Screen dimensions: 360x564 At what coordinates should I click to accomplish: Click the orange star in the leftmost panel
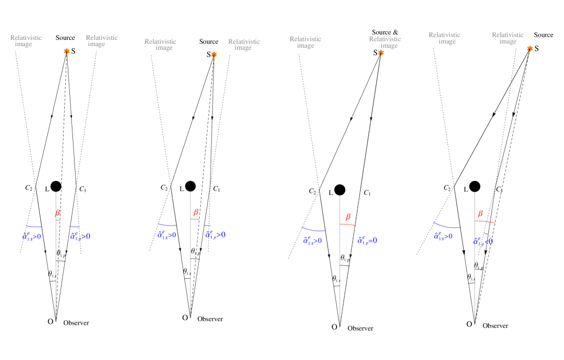(x=67, y=51)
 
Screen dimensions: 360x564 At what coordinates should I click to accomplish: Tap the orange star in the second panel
(x=214, y=54)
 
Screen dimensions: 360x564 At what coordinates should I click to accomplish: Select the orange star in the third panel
(x=381, y=53)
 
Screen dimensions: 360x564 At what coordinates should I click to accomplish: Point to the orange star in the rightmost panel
(x=530, y=49)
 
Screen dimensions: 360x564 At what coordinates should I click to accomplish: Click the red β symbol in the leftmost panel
(x=57, y=213)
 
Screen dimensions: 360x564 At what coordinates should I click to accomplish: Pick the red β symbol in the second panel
(x=196, y=212)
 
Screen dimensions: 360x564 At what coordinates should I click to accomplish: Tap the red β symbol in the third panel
(x=348, y=217)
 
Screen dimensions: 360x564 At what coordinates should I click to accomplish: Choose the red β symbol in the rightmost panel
(x=480, y=214)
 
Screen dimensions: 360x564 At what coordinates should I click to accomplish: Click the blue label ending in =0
(x=367, y=241)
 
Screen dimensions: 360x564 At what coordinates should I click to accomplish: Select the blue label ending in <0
(x=483, y=242)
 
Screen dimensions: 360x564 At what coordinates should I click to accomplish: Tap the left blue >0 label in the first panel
(x=32, y=236)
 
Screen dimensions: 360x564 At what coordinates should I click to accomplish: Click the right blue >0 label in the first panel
(x=80, y=236)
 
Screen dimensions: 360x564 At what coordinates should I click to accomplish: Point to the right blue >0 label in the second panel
(x=215, y=235)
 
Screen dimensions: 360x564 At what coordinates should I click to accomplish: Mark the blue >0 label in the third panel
(x=313, y=241)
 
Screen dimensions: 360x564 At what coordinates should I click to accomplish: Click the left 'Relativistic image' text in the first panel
(x=26, y=41)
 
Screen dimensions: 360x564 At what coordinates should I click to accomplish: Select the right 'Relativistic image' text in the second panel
(x=244, y=44)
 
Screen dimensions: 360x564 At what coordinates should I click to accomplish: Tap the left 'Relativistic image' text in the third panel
(x=305, y=42)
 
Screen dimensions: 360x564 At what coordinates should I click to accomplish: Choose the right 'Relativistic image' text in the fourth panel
(x=508, y=38)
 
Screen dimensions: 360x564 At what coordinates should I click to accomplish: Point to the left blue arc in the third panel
(x=313, y=230)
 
